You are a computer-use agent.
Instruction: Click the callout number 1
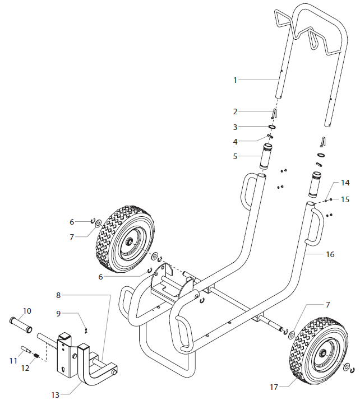[x=236, y=80]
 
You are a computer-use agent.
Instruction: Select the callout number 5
[x=236, y=156]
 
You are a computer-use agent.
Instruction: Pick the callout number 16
[x=330, y=254]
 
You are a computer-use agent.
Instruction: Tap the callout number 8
[x=58, y=295]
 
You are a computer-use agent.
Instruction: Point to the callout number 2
[x=236, y=111]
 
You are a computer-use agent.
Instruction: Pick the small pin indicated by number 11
[x=26, y=350]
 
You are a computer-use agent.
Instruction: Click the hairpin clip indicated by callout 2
[x=274, y=113]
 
